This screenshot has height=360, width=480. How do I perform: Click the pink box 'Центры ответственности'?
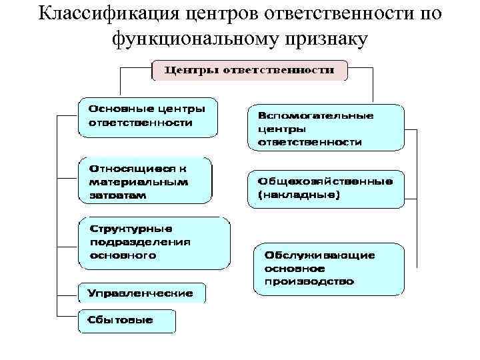(x=249, y=70)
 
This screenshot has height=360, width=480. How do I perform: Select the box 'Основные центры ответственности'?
(x=147, y=117)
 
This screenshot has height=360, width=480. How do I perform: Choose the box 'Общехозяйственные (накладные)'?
(x=325, y=187)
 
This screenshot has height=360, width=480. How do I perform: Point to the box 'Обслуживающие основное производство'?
(x=329, y=269)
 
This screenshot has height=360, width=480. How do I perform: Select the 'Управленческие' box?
(x=141, y=293)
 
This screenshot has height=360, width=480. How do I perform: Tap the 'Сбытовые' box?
(x=127, y=321)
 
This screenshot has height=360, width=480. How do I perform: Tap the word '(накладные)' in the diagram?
(x=299, y=195)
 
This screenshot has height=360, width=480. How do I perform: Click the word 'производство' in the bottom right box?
(x=309, y=281)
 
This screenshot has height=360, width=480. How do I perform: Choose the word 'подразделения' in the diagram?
(x=140, y=242)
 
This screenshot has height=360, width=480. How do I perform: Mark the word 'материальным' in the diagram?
(x=139, y=181)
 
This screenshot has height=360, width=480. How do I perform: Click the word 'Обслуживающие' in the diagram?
(x=319, y=255)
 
